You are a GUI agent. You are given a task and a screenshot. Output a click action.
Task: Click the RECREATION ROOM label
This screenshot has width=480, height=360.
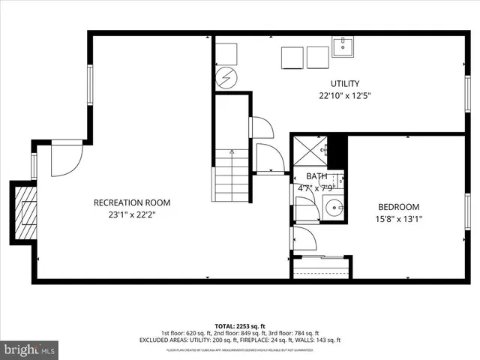(x=131, y=202)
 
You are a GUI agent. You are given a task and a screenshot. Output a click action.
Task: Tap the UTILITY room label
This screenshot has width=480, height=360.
(x=345, y=83)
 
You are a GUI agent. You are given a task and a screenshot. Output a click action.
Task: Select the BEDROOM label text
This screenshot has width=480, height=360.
(x=398, y=207)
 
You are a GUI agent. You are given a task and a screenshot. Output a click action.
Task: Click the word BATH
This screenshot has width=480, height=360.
(x=316, y=176)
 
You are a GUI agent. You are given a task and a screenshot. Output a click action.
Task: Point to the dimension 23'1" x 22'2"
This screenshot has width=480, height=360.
(x=131, y=214)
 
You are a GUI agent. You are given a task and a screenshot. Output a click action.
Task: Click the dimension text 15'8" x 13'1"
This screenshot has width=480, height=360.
(x=398, y=219)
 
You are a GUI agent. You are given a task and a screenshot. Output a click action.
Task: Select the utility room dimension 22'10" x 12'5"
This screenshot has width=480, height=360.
(x=345, y=95)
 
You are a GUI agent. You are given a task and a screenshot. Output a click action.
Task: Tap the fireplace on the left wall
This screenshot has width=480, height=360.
(x=25, y=213)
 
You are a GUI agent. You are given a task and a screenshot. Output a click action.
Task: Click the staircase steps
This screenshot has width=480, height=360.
(x=232, y=175)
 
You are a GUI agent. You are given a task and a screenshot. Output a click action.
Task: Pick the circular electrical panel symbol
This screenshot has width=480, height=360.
(x=226, y=76)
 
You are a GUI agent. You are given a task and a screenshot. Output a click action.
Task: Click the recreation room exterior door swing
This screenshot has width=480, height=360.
(x=65, y=157)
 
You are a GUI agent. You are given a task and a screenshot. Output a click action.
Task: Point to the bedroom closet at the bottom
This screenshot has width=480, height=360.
(x=321, y=267)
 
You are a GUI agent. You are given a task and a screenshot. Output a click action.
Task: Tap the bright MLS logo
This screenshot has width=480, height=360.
(x=30, y=349)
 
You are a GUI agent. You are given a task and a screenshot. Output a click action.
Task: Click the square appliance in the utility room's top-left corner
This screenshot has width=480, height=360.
(x=226, y=54)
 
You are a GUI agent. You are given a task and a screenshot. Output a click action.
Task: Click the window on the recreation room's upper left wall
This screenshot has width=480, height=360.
(x=89, y=84)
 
